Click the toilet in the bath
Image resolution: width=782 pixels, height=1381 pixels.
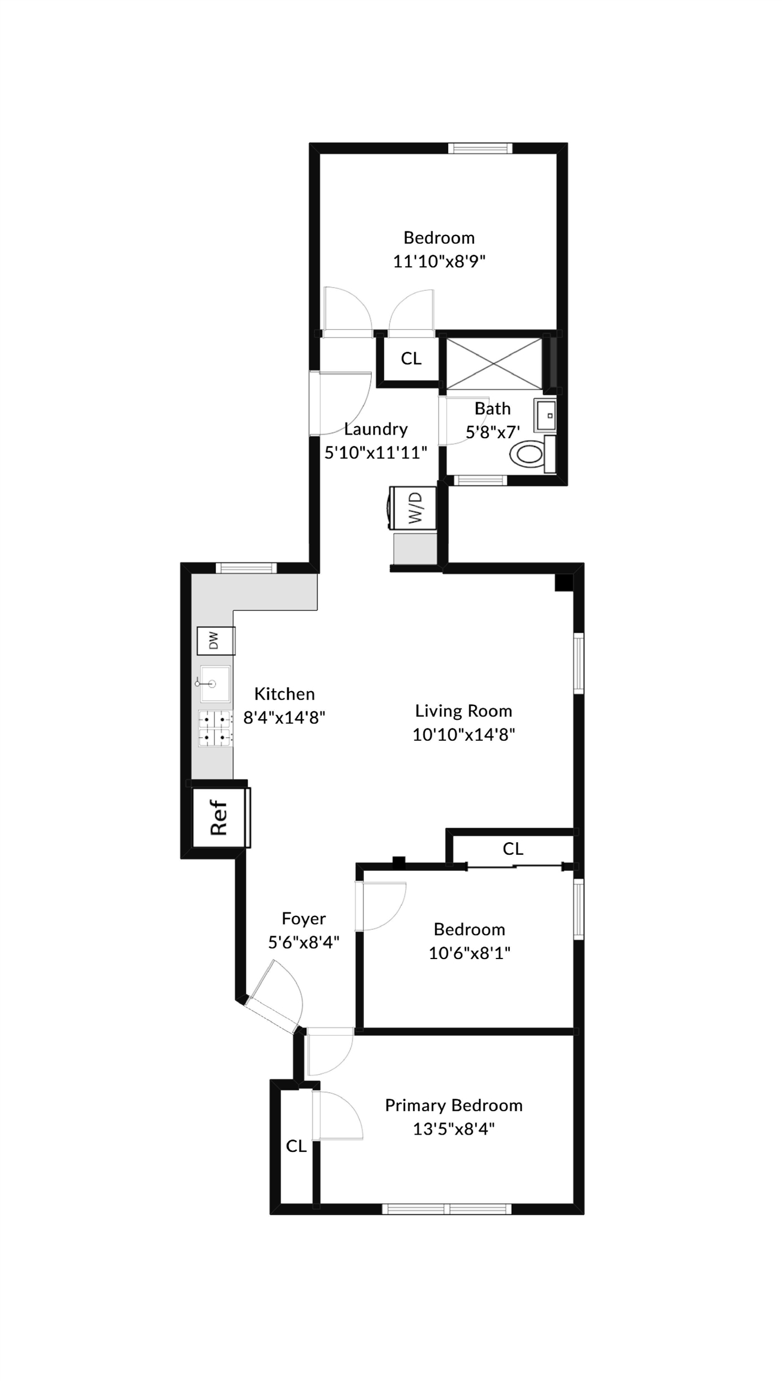click(532, 454)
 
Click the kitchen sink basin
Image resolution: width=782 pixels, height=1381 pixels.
click(215, 683)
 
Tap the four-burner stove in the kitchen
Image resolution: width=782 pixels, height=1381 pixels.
click(215, 728)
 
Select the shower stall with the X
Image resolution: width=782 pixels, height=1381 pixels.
click(494, 363)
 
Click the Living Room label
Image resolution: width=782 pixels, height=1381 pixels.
click(464, 711)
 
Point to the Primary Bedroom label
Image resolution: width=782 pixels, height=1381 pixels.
click(454, 1105)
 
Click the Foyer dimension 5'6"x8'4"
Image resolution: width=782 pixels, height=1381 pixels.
click(304, 942)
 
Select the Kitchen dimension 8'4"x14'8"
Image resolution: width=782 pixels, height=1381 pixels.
click(284, 717)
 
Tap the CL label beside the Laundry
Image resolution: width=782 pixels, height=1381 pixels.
click(411, 358)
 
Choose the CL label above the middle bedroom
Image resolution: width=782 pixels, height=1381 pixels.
click(513, 849)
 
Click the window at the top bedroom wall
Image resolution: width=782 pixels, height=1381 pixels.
click(481, 148)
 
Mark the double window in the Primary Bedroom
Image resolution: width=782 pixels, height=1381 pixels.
click(447, 1209)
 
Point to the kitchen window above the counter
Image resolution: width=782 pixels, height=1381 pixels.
click(246, 568)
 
